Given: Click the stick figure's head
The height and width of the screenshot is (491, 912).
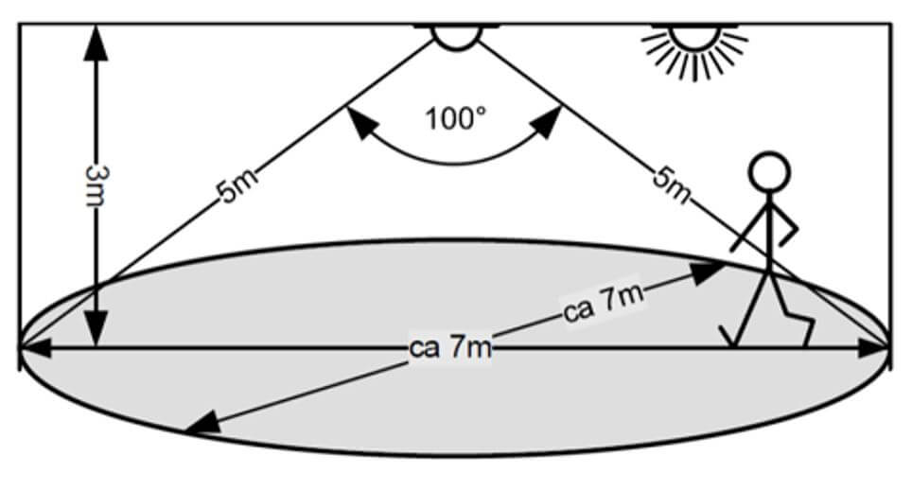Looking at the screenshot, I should coord(767,172).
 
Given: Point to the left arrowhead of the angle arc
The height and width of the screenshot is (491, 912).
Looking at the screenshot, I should coord(358,121).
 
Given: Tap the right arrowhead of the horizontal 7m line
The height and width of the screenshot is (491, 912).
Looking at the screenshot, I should coord(874,348).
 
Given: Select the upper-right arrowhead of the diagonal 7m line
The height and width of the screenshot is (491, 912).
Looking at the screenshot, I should coord(710,272).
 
